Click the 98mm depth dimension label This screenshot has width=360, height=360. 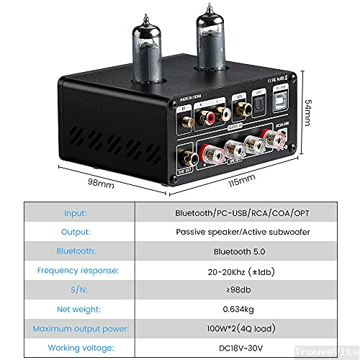pyautogui.click(x=102, y=184)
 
